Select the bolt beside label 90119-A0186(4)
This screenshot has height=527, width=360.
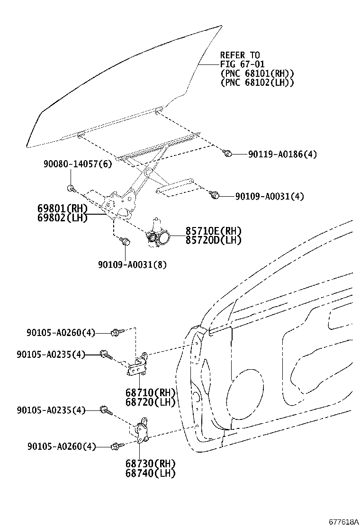[227, 153]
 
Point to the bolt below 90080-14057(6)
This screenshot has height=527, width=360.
[71, 188]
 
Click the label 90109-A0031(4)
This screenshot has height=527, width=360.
[270, 196]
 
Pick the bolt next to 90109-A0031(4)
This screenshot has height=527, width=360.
[214, 194]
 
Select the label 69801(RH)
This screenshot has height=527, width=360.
[63, 209]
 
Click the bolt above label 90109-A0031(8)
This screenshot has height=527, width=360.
[125, 242]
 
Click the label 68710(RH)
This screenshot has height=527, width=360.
[151, 393]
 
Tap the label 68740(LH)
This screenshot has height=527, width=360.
[151, 472]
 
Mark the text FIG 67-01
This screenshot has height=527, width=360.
[242, 64]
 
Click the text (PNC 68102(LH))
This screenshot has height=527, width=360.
[257, 82]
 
